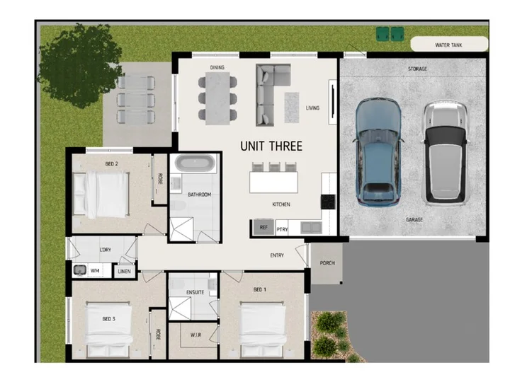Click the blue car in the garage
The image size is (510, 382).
tap(378, 152)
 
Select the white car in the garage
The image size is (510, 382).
tap(446, 153)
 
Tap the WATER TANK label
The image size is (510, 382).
tap(448, 45)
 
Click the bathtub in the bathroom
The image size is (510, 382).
tap(195, 163)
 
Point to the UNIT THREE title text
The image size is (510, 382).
tap(271, 146)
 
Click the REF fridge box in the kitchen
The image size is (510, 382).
tap(263, 227)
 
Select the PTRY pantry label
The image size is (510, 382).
tap(282, 229)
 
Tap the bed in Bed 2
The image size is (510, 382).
tap(101, 195)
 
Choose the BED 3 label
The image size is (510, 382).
tap(108, 319)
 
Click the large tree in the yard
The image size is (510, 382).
tap(79, 65)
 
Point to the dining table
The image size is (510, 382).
tap(217, 98)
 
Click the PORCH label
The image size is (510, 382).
tap(327, 262)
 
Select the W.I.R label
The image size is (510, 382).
tap(195, 335)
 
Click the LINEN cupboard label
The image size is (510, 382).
tap(124, 271)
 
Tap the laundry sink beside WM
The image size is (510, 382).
tap(79, 270)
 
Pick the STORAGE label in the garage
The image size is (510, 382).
tap(417, 69)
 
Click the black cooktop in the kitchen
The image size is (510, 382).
tap(328, 202)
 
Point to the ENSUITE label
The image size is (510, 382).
tap(195, 292)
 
